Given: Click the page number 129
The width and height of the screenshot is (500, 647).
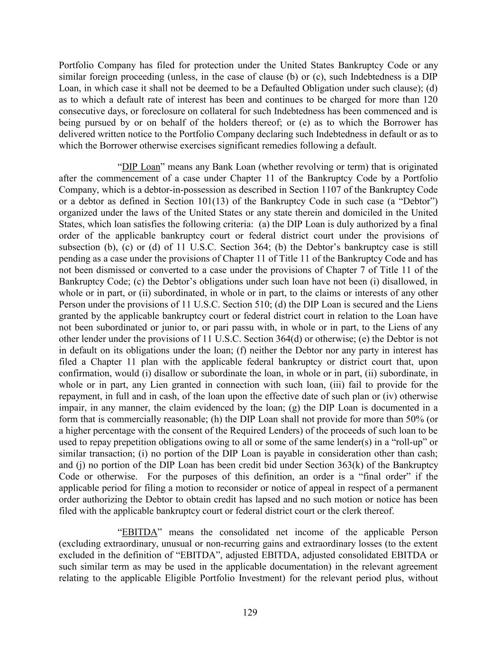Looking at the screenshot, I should pyautogui.click(x=250, y=612).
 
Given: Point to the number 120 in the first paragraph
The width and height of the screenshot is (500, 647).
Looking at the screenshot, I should pyautogui.click(x=430, y=100).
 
